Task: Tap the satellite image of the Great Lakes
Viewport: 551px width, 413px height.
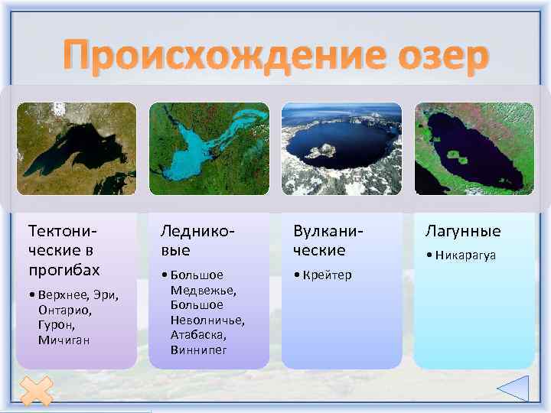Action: tap(76, 149)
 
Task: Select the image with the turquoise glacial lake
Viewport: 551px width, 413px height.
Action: tap(209, 149)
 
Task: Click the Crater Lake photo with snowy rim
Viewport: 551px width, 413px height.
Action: tap(342, 149)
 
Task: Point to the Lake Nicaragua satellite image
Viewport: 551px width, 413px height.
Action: tap(474, 149)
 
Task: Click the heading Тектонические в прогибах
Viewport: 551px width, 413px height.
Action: tap(64, 250)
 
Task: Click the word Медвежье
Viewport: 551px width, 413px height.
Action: tap(204, 290)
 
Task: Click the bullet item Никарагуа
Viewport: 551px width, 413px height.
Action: tap(465, 255)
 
